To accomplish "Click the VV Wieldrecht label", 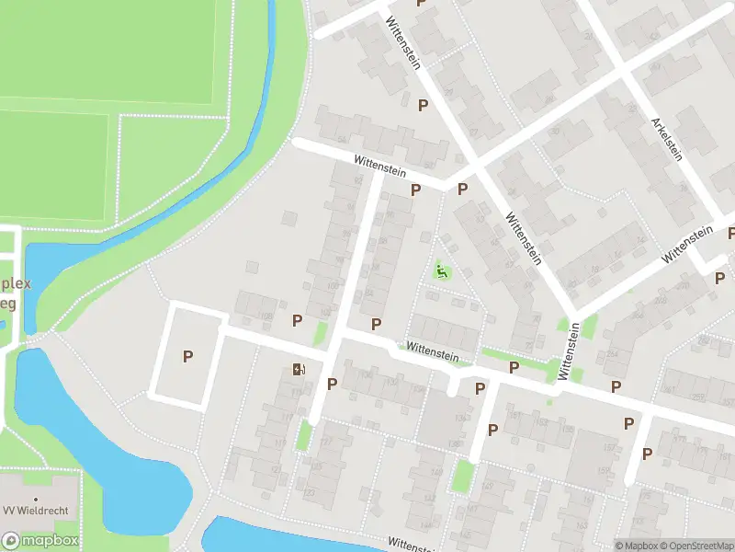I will point(36,511).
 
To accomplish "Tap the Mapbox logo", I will point(40,541).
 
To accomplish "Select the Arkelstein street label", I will point(667,139).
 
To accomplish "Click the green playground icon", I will point(442,270).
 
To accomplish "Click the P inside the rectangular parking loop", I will point(187,356).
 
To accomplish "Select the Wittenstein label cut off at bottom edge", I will point(423,546).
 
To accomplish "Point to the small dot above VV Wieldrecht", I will point(36,500).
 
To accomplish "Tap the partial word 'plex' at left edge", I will point(16,283).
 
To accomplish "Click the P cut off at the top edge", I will point(422,3).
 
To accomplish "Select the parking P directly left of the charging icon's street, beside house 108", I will point(297,320).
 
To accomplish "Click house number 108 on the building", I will point(266,316).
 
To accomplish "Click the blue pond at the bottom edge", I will point(266,536).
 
